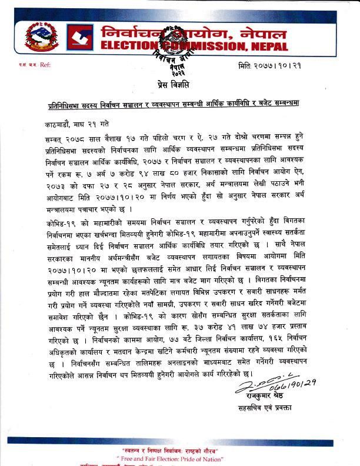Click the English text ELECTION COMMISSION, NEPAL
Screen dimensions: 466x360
(x=194, y=46)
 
